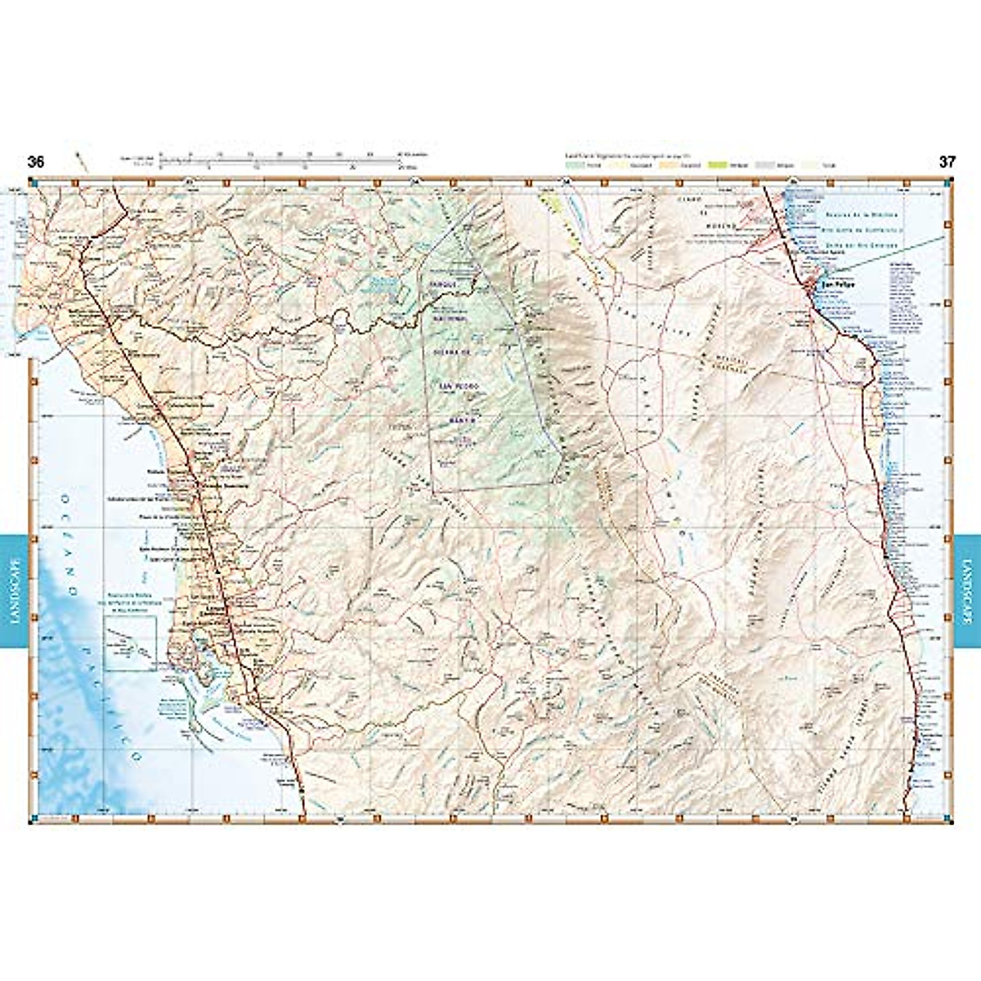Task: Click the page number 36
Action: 35,162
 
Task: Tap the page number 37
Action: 947,162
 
